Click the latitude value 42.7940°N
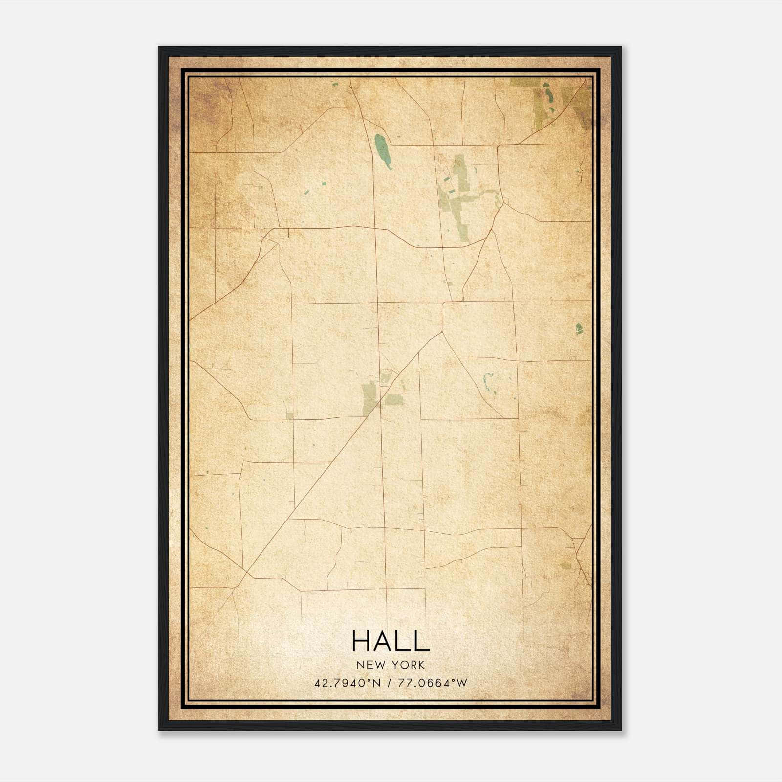coord(348,683)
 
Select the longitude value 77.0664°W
coord(433,683)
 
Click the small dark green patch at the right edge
coord(579,328)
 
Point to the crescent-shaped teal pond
coord(487,384)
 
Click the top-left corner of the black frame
coord(159,47)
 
